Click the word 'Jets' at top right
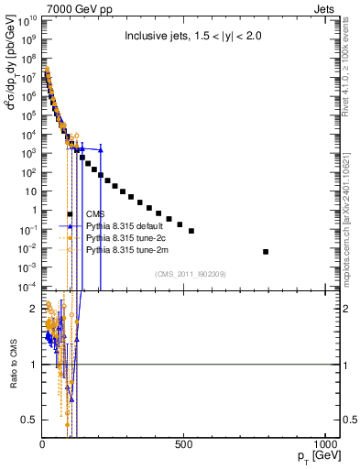327,8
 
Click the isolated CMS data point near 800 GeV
266,251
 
